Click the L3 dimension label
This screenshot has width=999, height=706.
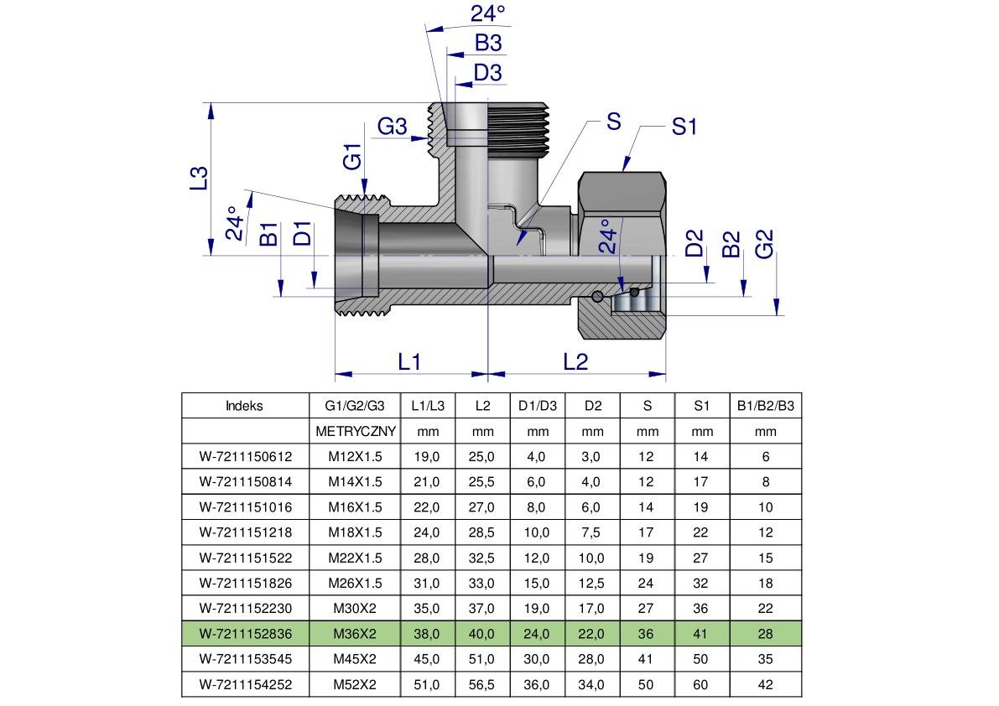coord(199,179)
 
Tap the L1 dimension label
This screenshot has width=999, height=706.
coord(408,361)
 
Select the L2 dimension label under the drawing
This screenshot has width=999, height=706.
coord(575,361)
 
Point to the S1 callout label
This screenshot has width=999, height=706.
coord(684,127)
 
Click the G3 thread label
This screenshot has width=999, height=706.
coord(392,127)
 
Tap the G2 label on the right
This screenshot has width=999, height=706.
coord(764,244)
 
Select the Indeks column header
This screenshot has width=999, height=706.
coord(244,406)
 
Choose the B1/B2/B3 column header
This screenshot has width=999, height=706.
coord(765,406)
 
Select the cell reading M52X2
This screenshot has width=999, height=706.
coord(355,685)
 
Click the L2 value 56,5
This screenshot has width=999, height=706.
coord(482,685)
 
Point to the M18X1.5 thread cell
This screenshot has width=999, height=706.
coord(355,532)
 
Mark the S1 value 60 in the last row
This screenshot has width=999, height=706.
coord(701,685)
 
